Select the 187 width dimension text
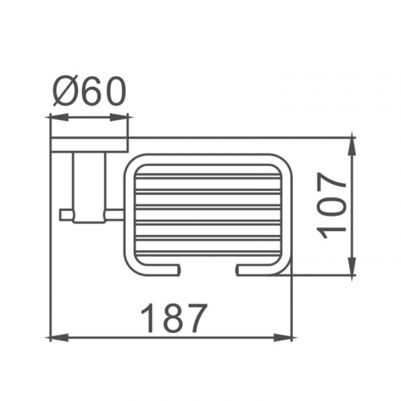point(173,319)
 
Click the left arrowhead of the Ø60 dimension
point(53,119)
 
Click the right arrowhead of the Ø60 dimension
point(126,119)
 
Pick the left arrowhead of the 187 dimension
point(54,338)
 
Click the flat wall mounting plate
point(89,144)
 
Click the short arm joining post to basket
point(112,213)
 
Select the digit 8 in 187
point(173,319)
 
